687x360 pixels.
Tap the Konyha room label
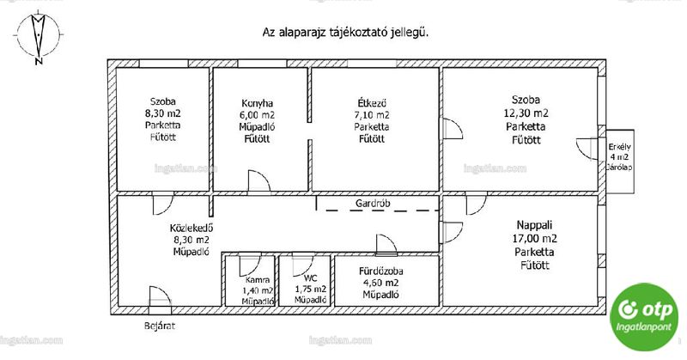coord(257,103)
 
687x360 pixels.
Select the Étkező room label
coord(372,103)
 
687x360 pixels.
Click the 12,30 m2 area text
coord(526,113)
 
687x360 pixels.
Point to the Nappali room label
coord(534,225)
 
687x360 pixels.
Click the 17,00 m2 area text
coord(534,239)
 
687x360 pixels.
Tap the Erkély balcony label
coord(619,147)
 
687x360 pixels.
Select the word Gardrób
coord(373,204)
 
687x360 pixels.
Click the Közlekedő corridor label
coord(192,228)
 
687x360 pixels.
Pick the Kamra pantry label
coord(258,280)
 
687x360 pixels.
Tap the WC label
coord(310,278)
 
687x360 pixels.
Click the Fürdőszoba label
coord(380,272)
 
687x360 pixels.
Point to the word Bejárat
coord(160,326)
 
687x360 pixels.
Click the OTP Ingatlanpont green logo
coord(644,316)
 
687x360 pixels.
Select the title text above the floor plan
coord(345,33)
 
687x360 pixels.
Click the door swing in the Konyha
coord(259,181)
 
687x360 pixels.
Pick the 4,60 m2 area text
coord(380,283)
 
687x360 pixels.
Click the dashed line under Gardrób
coord(382,211)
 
